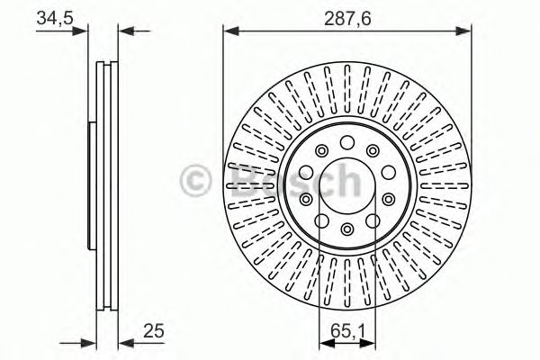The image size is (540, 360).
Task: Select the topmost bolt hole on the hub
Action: click(347, 141)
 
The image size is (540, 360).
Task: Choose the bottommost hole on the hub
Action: click(347, 229)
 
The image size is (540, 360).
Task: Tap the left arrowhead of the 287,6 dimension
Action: click(229, 31)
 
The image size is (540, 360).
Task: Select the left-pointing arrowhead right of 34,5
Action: click(125, 31)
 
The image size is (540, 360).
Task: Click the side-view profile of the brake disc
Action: click(107, 184)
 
